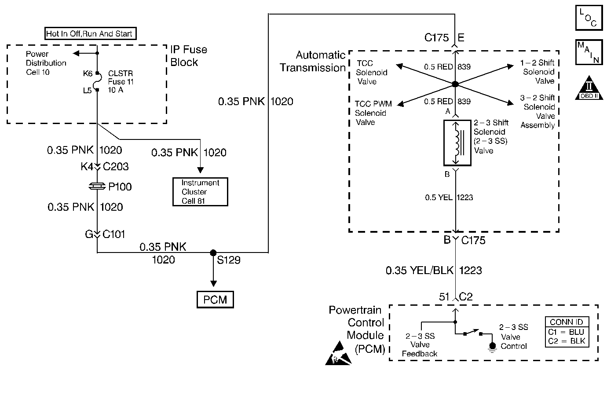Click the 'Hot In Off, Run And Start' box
pyautogui.click(x=91, y=33)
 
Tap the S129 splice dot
pyautogui.click(x=213, y=253)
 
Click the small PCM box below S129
pyautogui.click(x=215, y=300)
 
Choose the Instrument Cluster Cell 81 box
pyautogui.click(x=200, y=192)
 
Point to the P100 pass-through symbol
pyautogui.click(x=97, y=186)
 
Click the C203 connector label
pyautogui.click(x=116, y=166)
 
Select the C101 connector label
pyautogui.click(x=114, y=234)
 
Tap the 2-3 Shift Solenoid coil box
pyautogui.click(x=457, y=143)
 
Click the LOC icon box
pyautogui.click(x=589, y=18)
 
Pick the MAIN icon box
pyautogui.click(x=589, y=52)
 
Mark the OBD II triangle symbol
pyautogui.click(x=589, y=88)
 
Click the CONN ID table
pyautogui.click(x=567, y=332)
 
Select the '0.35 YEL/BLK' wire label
pyautogui.click(x=420, y=271)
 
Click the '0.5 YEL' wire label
pyautogui.click(x=439, y=198)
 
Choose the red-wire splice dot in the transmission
pyautogui.click(x=455, y=84)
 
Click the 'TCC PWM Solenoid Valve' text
pyautogui.click(x=373, y=113)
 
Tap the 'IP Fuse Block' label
pyautogui.click(x=189, y=56)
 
